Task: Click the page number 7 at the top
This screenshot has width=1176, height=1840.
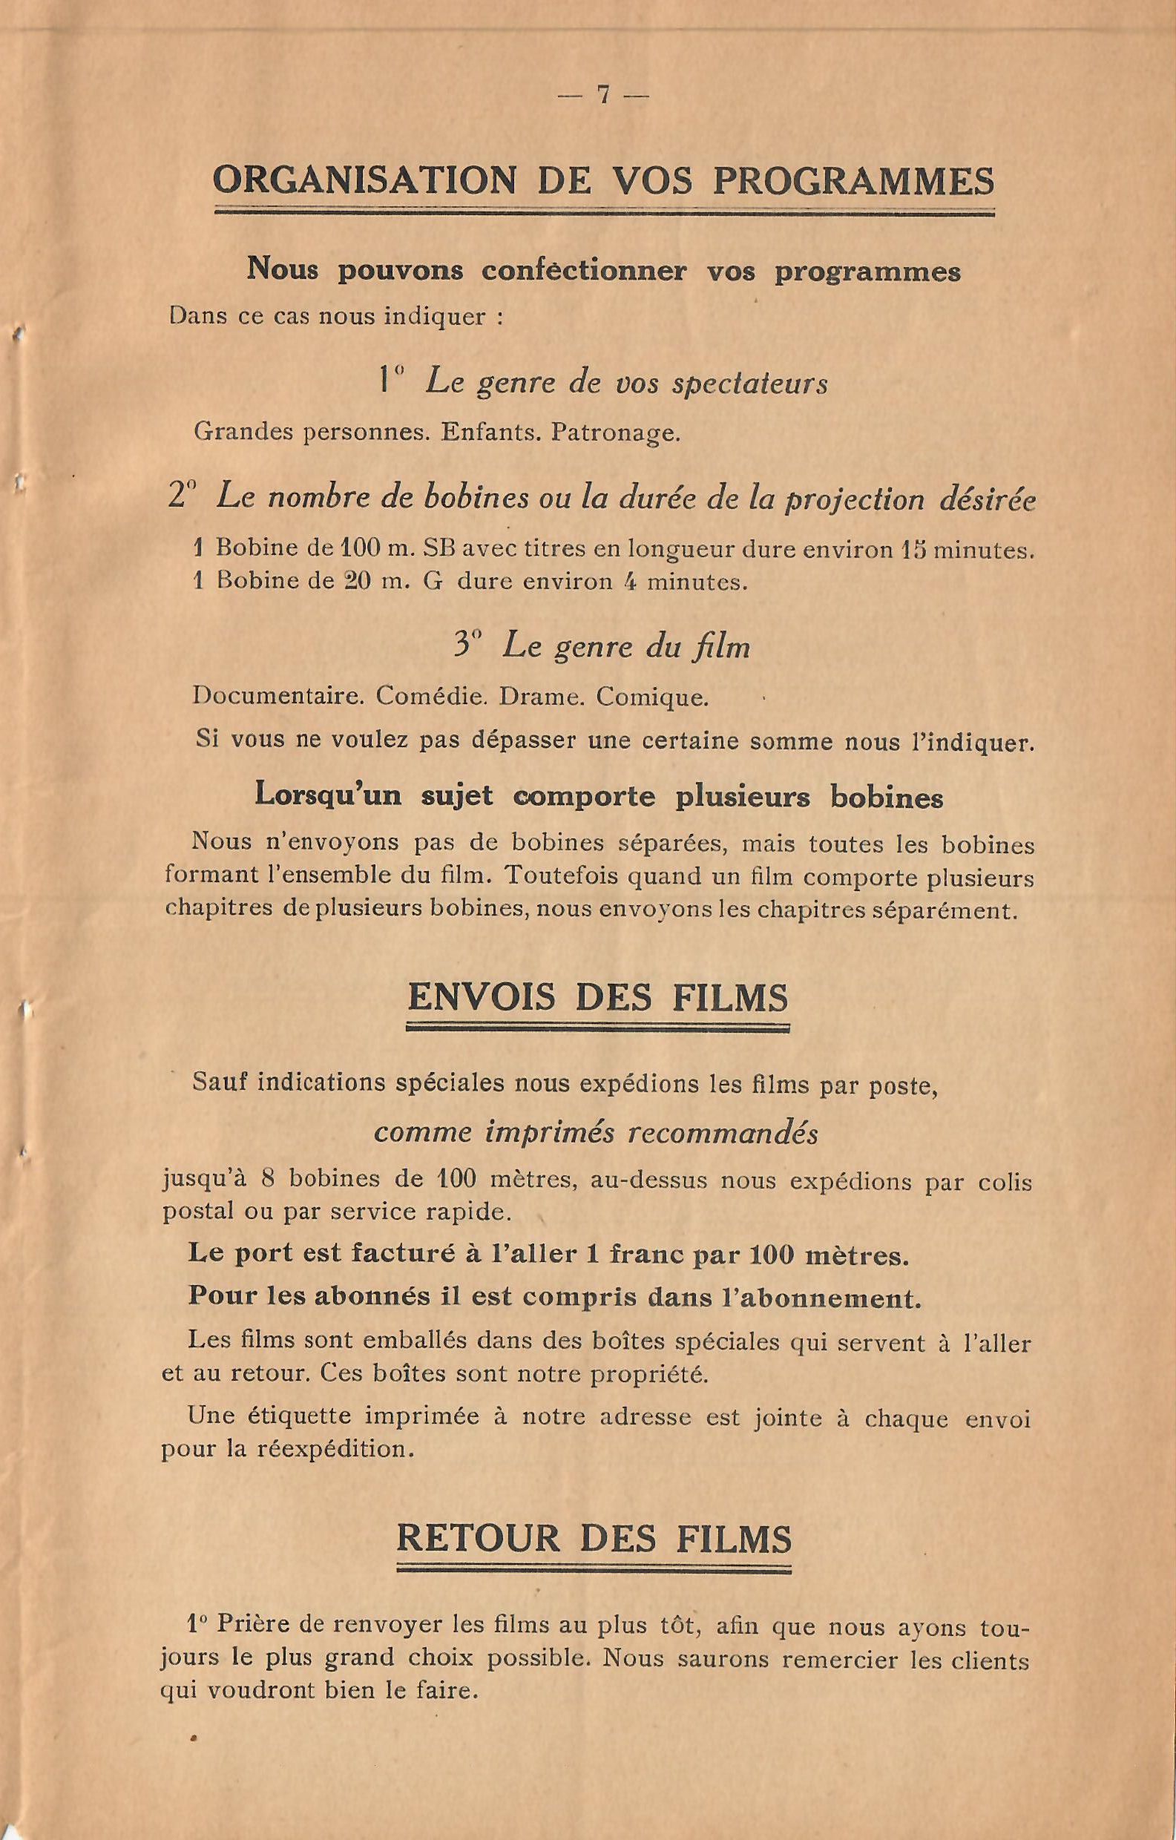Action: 604,95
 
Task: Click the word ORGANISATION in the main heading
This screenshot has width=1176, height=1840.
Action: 364,181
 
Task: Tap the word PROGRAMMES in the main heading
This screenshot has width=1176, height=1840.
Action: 853,181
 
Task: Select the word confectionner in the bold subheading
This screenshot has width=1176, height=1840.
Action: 585,272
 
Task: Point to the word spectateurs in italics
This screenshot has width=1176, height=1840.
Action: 750,382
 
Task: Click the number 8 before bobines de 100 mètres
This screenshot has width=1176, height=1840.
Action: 267,1179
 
